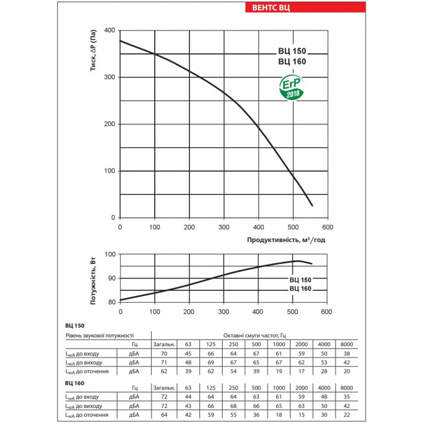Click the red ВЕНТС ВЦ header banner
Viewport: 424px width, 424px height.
pos(305,8)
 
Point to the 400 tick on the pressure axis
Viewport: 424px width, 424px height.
pos(110,31)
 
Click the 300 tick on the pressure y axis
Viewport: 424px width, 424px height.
pos(110,77)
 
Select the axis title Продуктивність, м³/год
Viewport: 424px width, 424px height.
pos(286,240)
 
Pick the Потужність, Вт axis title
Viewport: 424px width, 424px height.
pos(94,281)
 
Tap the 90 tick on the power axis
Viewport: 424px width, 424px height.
pos(112,278)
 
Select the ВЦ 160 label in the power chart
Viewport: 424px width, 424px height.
pos(300,289)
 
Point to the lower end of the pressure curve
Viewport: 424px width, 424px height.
pos(312,206)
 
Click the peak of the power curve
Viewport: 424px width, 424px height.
pos(298,261)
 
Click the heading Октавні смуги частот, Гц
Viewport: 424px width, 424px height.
pos(254,335)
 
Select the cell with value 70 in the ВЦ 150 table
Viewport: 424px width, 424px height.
pos(164,354)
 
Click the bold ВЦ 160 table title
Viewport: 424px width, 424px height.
pos(75,383)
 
